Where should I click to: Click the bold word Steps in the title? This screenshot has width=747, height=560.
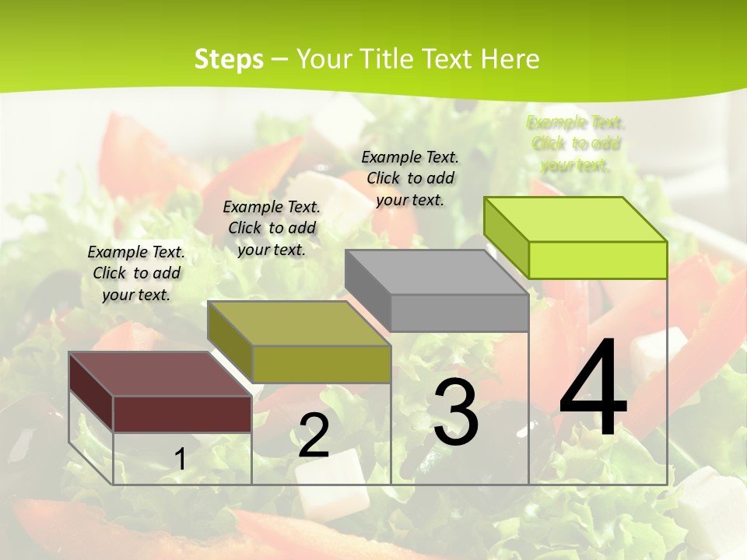pyautogui.click(x=229, y=59)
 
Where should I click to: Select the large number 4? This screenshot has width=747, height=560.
pyautogui.click(x=593, y=389)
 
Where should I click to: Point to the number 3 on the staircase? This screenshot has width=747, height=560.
pyautogui.click(x=455, y=412)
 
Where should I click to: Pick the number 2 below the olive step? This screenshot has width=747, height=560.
pyautogui.click(x=314, y=436)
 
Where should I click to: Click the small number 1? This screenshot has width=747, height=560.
pyautogui.click(x=180, y=459)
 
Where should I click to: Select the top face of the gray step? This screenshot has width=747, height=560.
pyautogui.click(x=436, y=271)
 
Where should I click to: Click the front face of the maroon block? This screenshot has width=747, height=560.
pyautogui.click(x=182, y=414)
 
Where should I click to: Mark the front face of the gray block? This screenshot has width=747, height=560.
pyautogui.click(x=459, y=313)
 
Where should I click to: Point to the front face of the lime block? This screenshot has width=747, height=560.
pyautogui.click(x=598, y=260)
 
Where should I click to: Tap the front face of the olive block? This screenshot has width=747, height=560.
pyautogui.click(x=321, y=364)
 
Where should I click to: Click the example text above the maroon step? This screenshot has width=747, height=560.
pyautogui.click(x=136, y=273)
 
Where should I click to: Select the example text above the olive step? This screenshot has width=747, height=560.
pyautogui.click(x=272, y=228)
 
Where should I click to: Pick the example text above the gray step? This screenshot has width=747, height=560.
pyautogui.click(x=410, y=178)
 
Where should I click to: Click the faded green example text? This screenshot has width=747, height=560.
pyautogui.click(x=575, y=143)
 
